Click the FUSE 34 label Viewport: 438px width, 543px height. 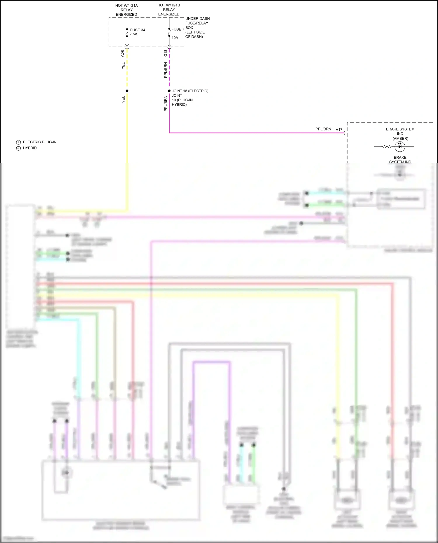point(137,30)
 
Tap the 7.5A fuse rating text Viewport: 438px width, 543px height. point(133,34)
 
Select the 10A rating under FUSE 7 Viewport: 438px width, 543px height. point(175,38)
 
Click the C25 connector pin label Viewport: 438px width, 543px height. point(123,53)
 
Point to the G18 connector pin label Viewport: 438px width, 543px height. point(166,53)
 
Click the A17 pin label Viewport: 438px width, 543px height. point(339,130)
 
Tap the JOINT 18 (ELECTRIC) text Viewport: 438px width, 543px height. point(190,91)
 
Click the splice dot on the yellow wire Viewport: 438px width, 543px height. point(127,91)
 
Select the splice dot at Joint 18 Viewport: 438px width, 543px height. point(169,91)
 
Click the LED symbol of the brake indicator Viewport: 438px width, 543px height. point(400,146)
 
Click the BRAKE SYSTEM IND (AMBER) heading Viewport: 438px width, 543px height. point(400,134)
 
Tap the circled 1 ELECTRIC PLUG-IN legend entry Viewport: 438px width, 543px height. point(36,142)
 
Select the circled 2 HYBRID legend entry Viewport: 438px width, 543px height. point(26,148)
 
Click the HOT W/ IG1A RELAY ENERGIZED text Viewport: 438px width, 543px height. point(126,10)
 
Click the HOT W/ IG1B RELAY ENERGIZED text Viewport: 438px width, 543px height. point(169,10)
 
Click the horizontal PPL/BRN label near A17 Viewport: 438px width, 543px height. point(323,129)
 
